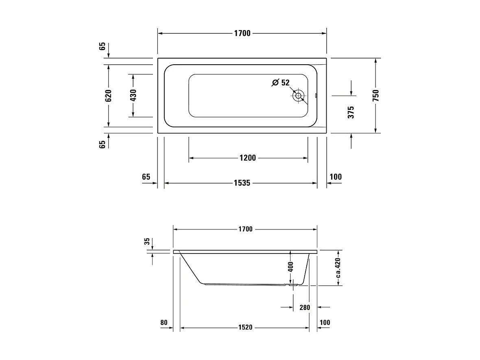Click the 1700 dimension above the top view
point(242,33)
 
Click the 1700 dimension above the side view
point(245,229)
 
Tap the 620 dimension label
point(108,96)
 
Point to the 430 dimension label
point(133,96)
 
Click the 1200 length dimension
point(247,158)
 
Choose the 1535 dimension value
point(242,183)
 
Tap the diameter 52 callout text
point(281,83)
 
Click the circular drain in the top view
point(299,96)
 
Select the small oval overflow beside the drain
point(316,96)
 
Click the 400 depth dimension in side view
point(290,267)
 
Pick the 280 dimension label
point(305,308)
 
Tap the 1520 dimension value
point(245,327)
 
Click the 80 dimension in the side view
point(164,323)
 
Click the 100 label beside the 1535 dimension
point(336,177)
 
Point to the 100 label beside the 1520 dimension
point(325,323)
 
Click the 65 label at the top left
point(103,46)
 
